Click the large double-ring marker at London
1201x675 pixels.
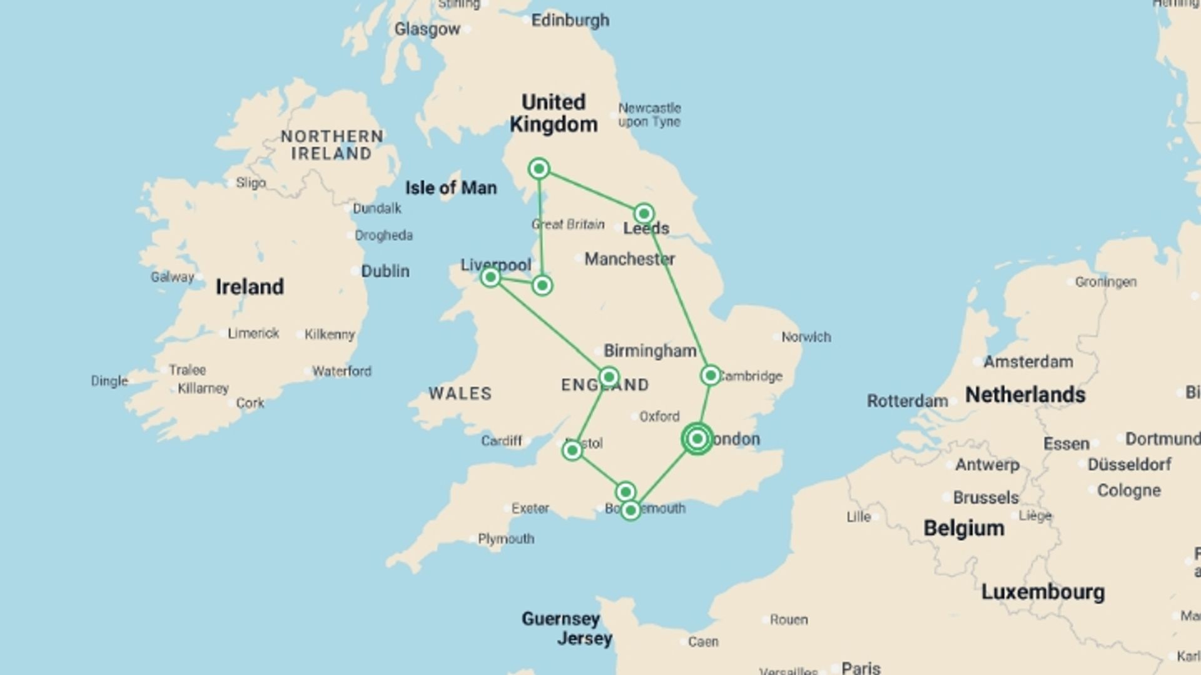click(697, 439)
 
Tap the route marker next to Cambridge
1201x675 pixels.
click(710, 376)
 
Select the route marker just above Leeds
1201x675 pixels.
click(644, 214)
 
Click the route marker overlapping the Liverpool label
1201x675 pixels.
click(490, 277)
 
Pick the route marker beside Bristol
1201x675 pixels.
click(572, 450)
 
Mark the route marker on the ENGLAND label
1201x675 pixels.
click(609, 377)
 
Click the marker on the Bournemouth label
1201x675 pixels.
click(631, 511)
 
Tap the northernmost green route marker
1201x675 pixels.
click(539, 169)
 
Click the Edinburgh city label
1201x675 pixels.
click(570, 21)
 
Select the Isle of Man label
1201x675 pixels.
click(450, 188)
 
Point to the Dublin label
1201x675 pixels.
click(385, 271)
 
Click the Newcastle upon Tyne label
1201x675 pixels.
click(649, 115)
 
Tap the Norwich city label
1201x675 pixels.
click(806, 337)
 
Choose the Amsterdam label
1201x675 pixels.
click(1028, 362)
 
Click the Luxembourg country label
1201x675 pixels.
click(1042, 592)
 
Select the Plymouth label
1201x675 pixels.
click(506, 539)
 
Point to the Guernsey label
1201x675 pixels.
click(560, 619)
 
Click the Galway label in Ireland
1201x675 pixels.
click(172, 277)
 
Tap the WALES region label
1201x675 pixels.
click(460, 394)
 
